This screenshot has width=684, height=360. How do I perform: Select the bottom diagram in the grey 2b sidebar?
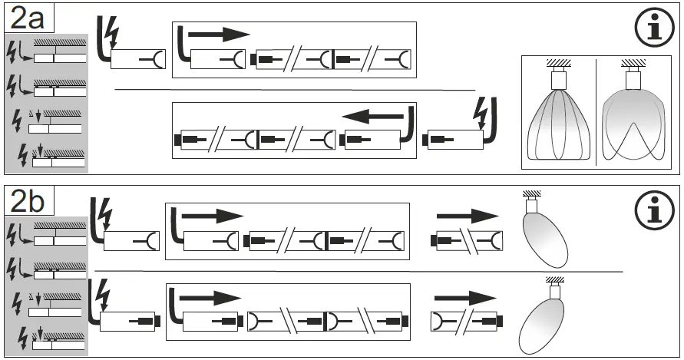[48, 334]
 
